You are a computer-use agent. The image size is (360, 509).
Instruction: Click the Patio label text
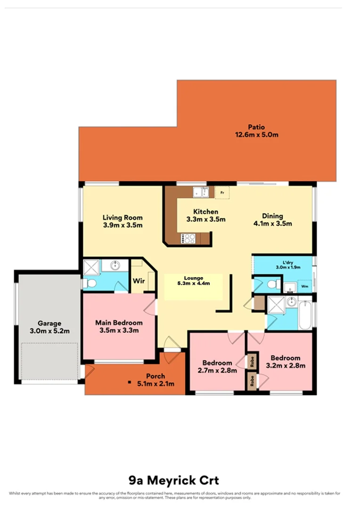(257, 127)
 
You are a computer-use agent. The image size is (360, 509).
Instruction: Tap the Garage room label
(50, 324)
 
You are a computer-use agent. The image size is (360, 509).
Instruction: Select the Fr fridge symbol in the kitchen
(222, 192)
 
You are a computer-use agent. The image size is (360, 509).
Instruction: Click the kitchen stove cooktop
(188, 239)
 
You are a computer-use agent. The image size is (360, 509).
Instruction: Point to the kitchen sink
(201, 192)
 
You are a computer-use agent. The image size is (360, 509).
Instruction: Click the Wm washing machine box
(304, 286)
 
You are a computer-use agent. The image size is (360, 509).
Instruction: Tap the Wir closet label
(139, 281)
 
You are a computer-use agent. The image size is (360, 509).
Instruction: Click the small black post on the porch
(129, 382)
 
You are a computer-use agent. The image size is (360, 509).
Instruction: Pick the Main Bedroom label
(119, 323)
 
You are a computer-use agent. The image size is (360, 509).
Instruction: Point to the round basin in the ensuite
(114, 265)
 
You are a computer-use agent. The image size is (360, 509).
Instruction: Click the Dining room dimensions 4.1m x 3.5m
(273, 223)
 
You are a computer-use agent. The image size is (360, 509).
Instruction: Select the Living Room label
(123, 218)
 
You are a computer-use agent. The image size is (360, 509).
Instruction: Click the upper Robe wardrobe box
(253, 362)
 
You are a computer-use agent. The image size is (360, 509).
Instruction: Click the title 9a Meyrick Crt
(174, 481)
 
